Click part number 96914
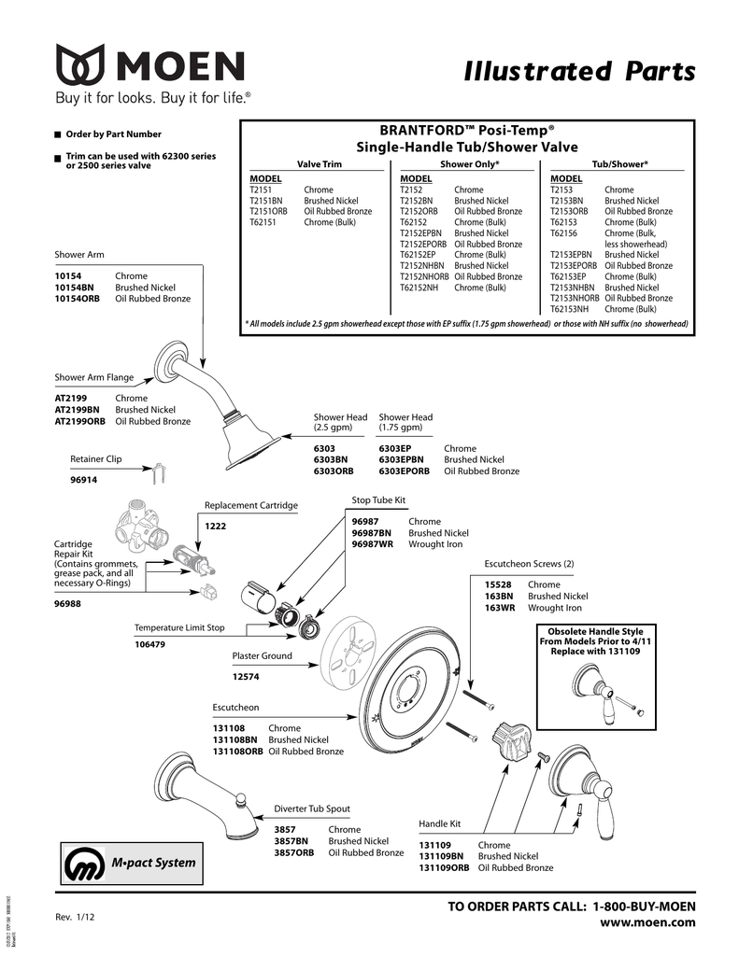[x=84, y=480]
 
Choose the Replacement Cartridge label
[x=250, y=505]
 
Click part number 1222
[x=216, y=527]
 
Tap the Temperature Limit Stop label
[x=179, y=627]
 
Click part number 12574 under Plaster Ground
[x=246, y=677]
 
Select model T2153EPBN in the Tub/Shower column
[x=571, y=255]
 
